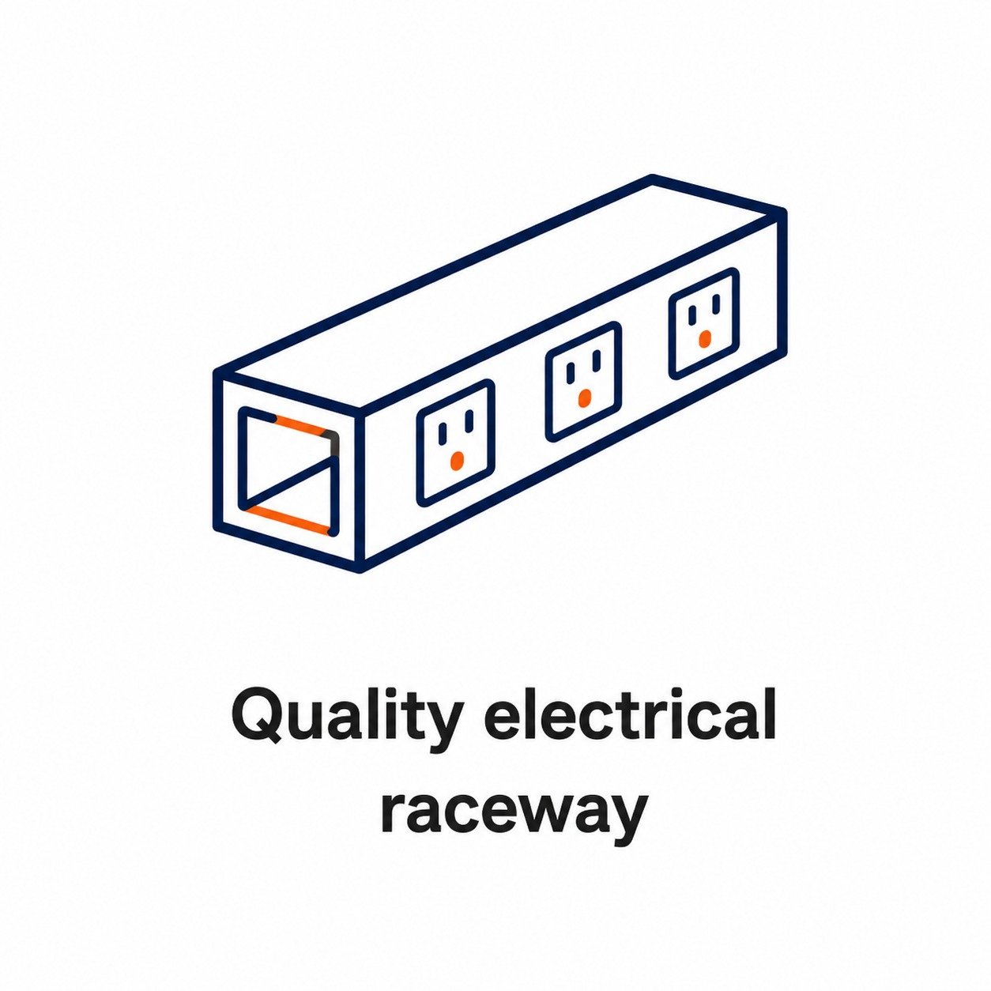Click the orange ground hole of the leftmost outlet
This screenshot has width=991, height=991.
point(457,460)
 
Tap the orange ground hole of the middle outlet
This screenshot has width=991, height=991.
point(584,397)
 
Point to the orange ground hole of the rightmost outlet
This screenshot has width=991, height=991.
point(705,338)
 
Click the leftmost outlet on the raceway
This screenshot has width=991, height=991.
point(456,442)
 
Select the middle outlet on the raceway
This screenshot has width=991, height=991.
point(583,381)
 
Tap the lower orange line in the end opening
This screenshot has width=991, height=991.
point(288,518)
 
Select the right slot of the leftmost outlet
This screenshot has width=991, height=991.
point(469,422)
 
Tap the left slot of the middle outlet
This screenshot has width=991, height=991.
point(569,372)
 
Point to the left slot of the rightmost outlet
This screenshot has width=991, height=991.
point(692,315)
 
